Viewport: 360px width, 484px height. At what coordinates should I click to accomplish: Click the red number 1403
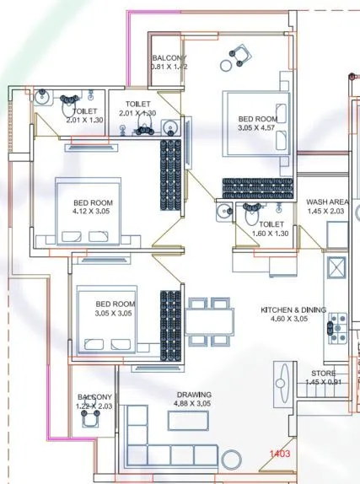point(280,454)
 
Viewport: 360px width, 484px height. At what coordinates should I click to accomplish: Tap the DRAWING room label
point(193,395)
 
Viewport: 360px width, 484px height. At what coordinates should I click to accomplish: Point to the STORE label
point(322,373)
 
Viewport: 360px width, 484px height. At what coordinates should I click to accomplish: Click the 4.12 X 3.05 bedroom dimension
point(92,212)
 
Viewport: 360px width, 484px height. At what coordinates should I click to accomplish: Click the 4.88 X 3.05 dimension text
point(193,404)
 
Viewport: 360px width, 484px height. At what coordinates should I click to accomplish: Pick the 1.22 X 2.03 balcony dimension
point(94,406)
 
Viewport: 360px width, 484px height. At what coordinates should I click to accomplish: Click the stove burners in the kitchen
point(339,325)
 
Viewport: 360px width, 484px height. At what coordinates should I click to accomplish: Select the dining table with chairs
point(211,321)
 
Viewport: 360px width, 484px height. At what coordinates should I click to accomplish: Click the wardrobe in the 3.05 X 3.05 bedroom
point(171,322)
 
